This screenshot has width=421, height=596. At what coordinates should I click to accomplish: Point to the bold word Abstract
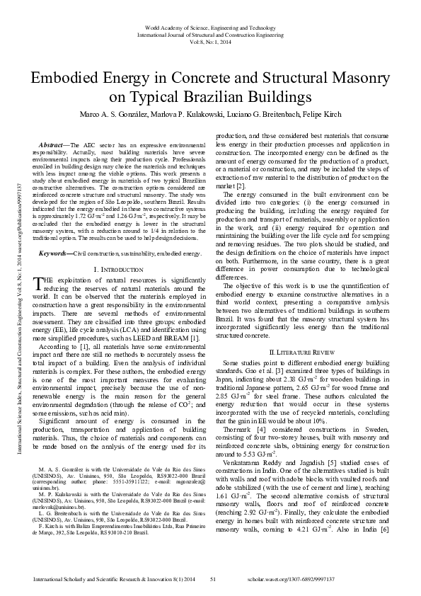click(52, 145)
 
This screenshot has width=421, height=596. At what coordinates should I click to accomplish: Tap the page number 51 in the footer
click(212, 580)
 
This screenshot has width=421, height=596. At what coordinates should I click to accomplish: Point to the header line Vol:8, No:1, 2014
click(211, 42)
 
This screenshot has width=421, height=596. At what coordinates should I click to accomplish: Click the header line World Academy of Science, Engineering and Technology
click(211, 28)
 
